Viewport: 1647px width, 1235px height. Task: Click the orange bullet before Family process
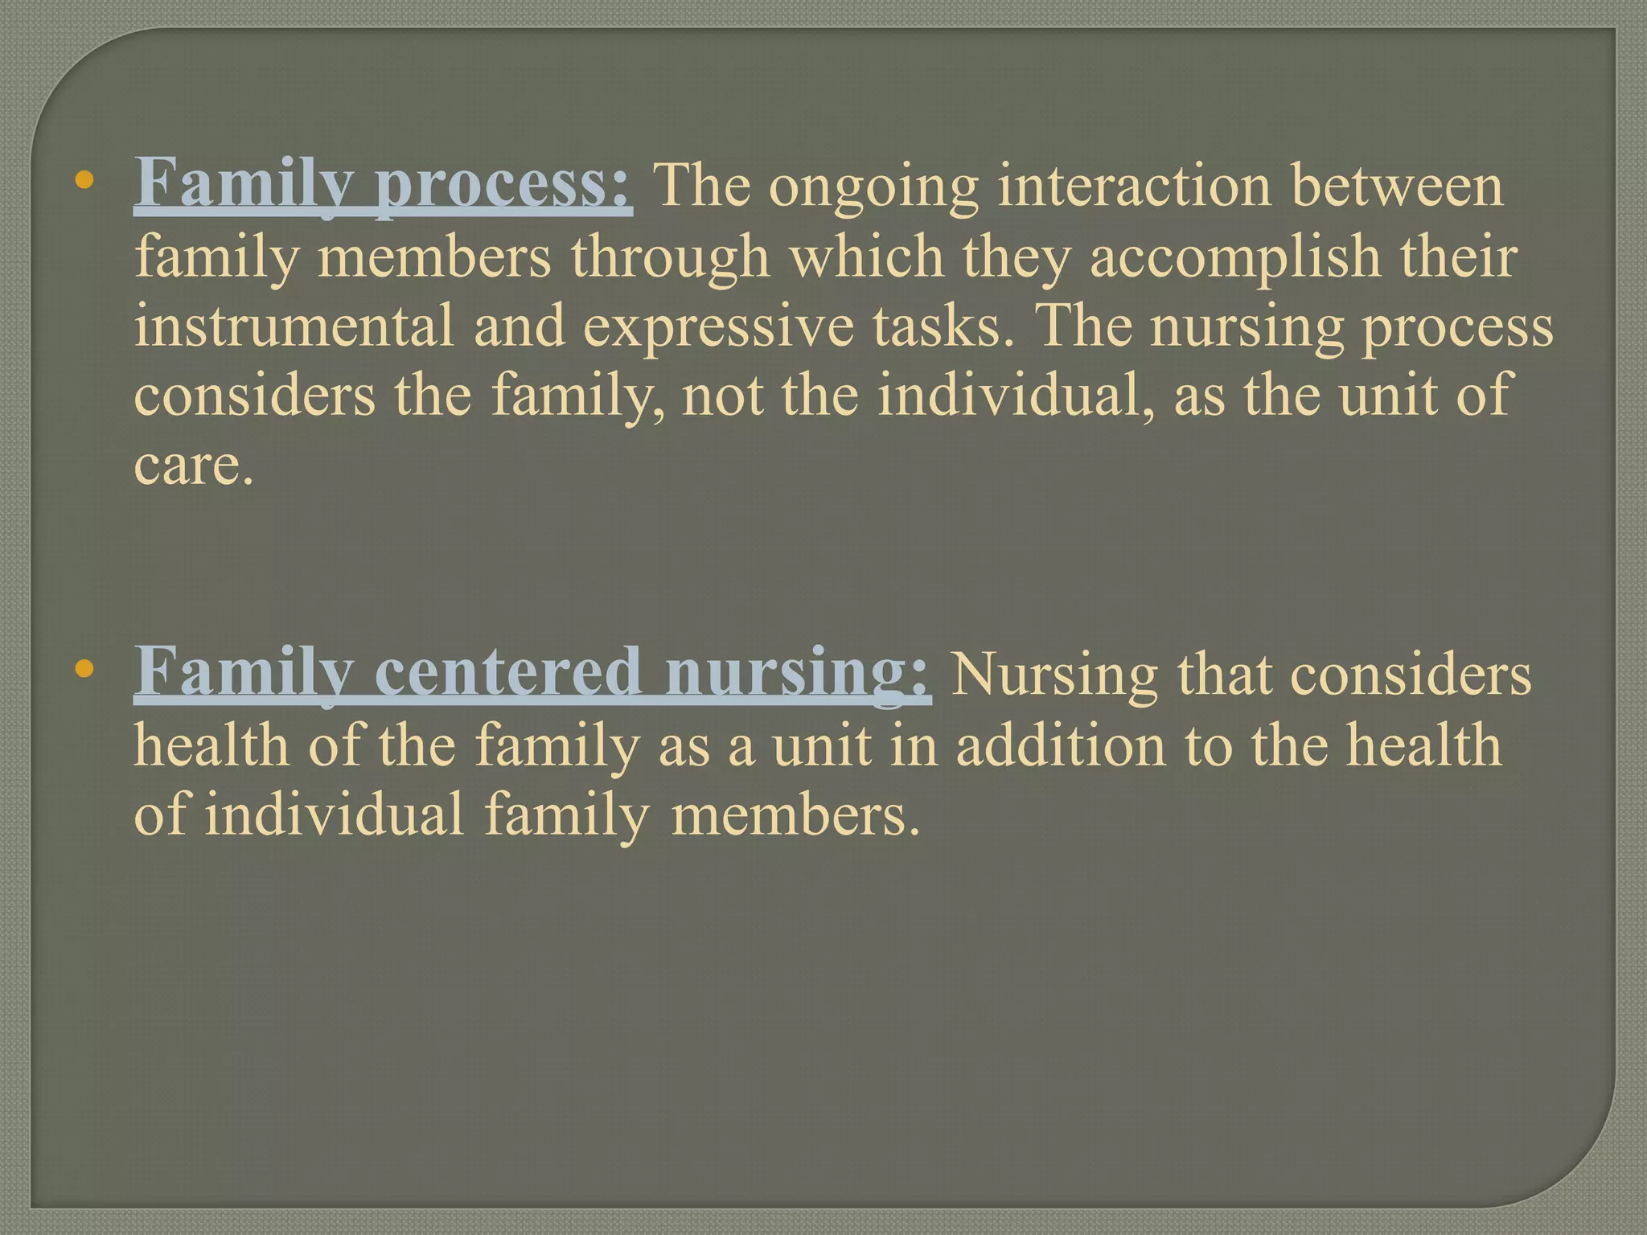coord(82,181)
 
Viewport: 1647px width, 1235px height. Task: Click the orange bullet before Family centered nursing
coord(82,668)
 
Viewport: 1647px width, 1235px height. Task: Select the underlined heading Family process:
coord(383,185)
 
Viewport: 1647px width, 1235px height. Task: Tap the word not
coord(722,396)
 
